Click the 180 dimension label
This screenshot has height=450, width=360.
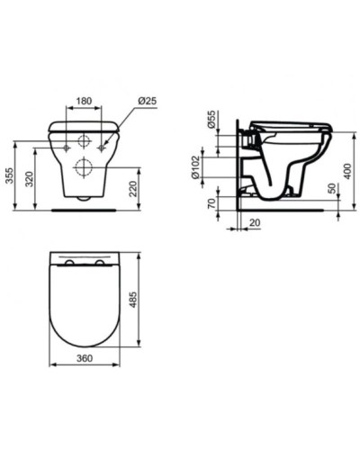[x=84, y=101]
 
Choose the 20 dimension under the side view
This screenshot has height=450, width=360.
[x=256, y=224]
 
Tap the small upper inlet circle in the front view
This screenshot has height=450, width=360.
[x=83, y=141]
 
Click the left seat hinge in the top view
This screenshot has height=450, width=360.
[x=69, y=262]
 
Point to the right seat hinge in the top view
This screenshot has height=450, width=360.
[x=99, y=262]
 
